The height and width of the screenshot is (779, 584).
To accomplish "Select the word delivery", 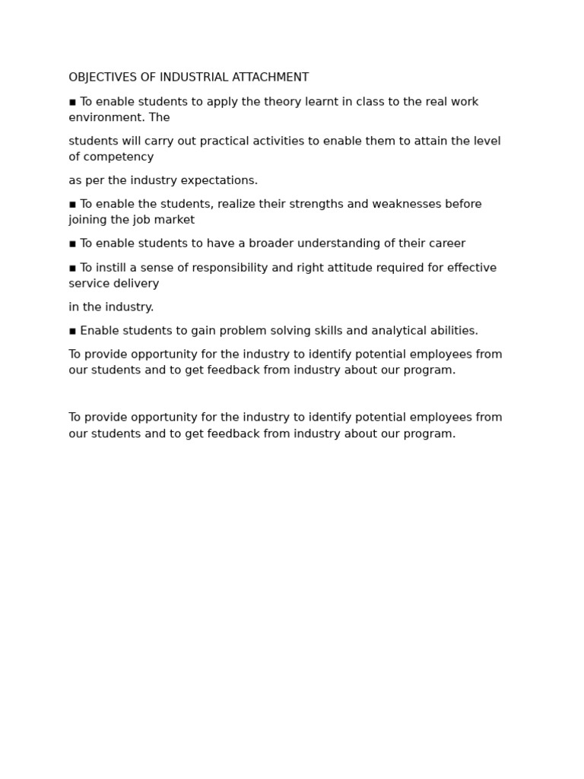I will [x=138, y=284].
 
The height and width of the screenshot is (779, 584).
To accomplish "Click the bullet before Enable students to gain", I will [x=72, y=332].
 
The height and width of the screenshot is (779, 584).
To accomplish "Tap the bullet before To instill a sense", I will [x=72, y=269].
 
